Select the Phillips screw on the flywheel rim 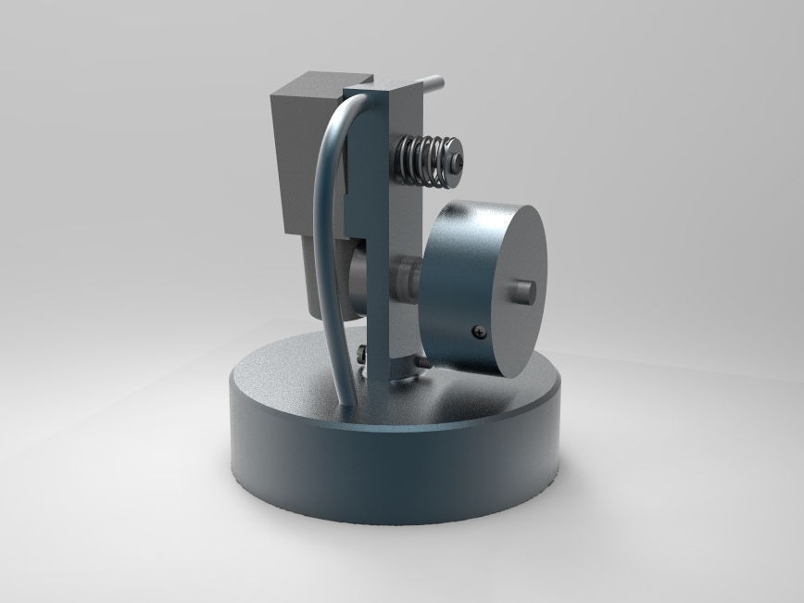tap(477, 331)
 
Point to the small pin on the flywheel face tap(524, 291)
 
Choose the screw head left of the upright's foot tap(362, 351)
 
